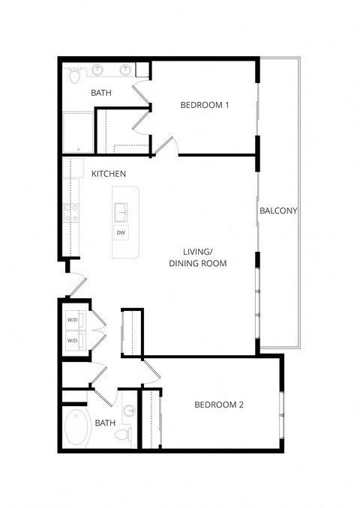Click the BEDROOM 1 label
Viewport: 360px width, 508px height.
[x=204, y=105]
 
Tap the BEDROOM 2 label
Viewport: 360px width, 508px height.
[x=219, y=405]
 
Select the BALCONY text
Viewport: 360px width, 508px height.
[x=278, y=211]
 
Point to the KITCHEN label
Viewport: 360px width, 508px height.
[x=108, y=174]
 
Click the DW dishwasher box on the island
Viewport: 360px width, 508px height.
[x=120, y=233]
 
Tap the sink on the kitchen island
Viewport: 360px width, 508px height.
[x=120, y=213]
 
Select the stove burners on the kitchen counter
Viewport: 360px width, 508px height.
[x=71, y=213]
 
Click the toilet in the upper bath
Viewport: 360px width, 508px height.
[x=74, y=75]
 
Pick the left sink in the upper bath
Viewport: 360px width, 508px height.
[x=99, y=70]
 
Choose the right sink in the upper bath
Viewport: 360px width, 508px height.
[x=126, y=70]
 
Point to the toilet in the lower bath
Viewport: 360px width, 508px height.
[x=125, y=433]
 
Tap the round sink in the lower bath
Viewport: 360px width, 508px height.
[x=128, y=411]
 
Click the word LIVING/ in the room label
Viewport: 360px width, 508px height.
[x=198, y=252]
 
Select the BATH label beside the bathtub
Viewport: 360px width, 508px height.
[x=105, y=423]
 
